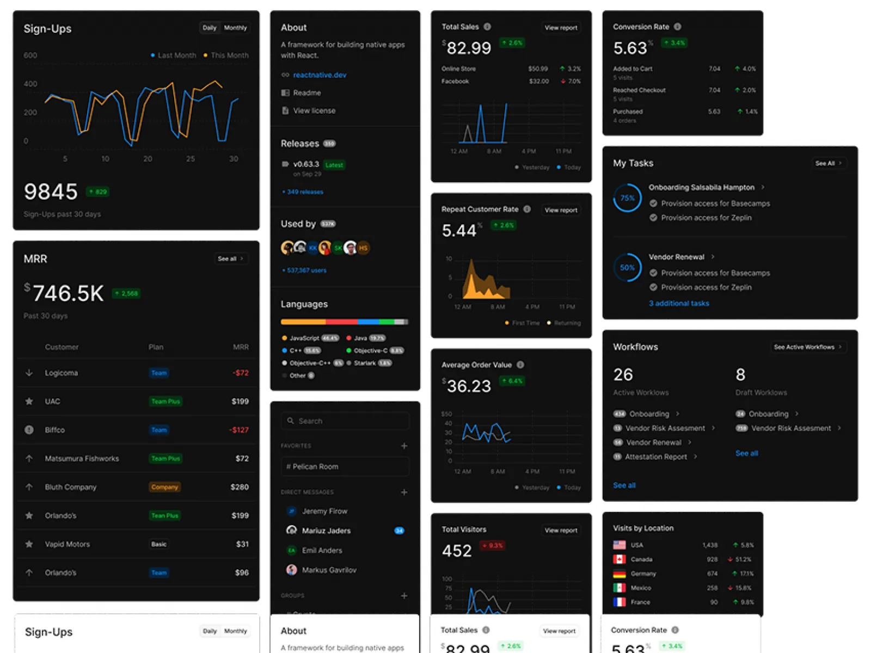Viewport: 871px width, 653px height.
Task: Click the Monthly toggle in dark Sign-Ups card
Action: (x=235, y=28)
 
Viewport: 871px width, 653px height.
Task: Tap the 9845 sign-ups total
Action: (x=51, y=192)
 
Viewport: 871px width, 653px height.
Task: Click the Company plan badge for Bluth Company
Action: (x=164, y=487)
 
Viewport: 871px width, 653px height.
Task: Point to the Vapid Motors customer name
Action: (x=68, y=544)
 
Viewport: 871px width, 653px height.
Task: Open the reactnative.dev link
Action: (x=320, y=75)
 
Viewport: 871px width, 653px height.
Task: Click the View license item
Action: (x=314, y=110)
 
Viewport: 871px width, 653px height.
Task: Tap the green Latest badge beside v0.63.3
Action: (x=334, y=165)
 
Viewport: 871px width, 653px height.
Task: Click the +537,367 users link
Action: (x=304, y=270)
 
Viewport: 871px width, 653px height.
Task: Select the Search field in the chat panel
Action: (x=345, y=421)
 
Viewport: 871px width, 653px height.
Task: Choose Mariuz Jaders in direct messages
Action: (x=326, y=531)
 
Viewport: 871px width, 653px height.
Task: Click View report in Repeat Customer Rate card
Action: (x=561, y=210)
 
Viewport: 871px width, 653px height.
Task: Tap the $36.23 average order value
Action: (x=468, y=386)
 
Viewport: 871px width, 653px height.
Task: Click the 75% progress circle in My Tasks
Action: (x=627, y=198)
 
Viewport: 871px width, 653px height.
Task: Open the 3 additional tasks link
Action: (x=679, y=304)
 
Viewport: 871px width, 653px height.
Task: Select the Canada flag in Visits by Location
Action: (x=619, y=559)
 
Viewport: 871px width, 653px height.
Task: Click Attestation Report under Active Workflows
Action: (x=655, y=457)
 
